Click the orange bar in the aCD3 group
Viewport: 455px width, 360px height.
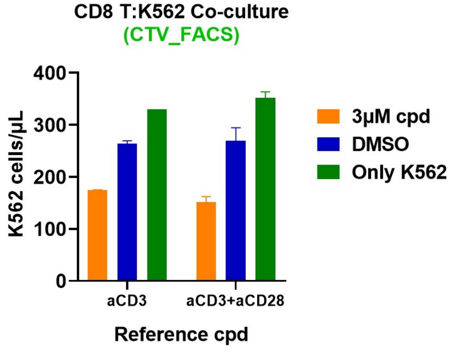click(98, 235)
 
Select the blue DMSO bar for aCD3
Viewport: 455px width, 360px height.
click(127, 212)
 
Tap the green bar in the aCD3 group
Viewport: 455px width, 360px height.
click(157, 195)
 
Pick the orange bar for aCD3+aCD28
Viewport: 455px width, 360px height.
click(206, 241)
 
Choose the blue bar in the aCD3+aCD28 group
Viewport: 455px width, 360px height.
click(236, 210)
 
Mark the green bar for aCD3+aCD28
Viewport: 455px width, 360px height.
click(265, 189)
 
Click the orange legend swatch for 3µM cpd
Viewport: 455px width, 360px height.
click(328, 116)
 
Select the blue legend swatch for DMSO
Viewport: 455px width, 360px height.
click(328, 144)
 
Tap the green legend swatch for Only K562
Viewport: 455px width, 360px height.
click(328, 172)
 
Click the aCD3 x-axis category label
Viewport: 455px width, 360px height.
click(127, 301)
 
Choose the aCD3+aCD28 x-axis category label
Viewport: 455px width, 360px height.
click(235, 301)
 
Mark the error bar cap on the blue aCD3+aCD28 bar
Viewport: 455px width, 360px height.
click(236, 128)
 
